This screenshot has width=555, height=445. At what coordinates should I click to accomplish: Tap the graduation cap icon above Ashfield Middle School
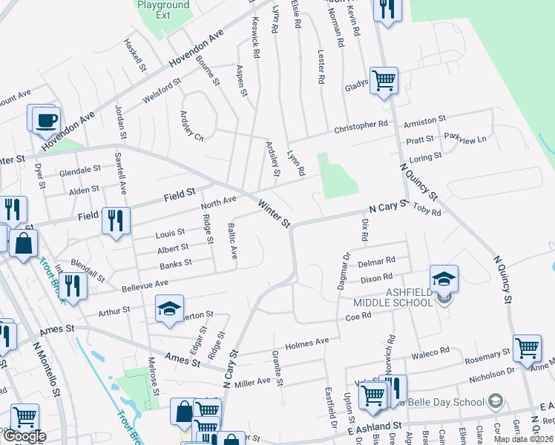(x=444, y=279)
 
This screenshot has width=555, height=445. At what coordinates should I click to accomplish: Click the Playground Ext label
(x=164, y=10)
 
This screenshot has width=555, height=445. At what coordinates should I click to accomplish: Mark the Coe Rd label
(x=357, y=315)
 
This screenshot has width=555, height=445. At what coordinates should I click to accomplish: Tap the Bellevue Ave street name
(x=140, y=284)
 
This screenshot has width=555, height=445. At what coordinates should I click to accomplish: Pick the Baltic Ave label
(x=232, y=241)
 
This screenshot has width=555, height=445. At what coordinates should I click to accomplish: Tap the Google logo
(x=24, y=437)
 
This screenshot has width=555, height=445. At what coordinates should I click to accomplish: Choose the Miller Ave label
(x=253, y=381)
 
